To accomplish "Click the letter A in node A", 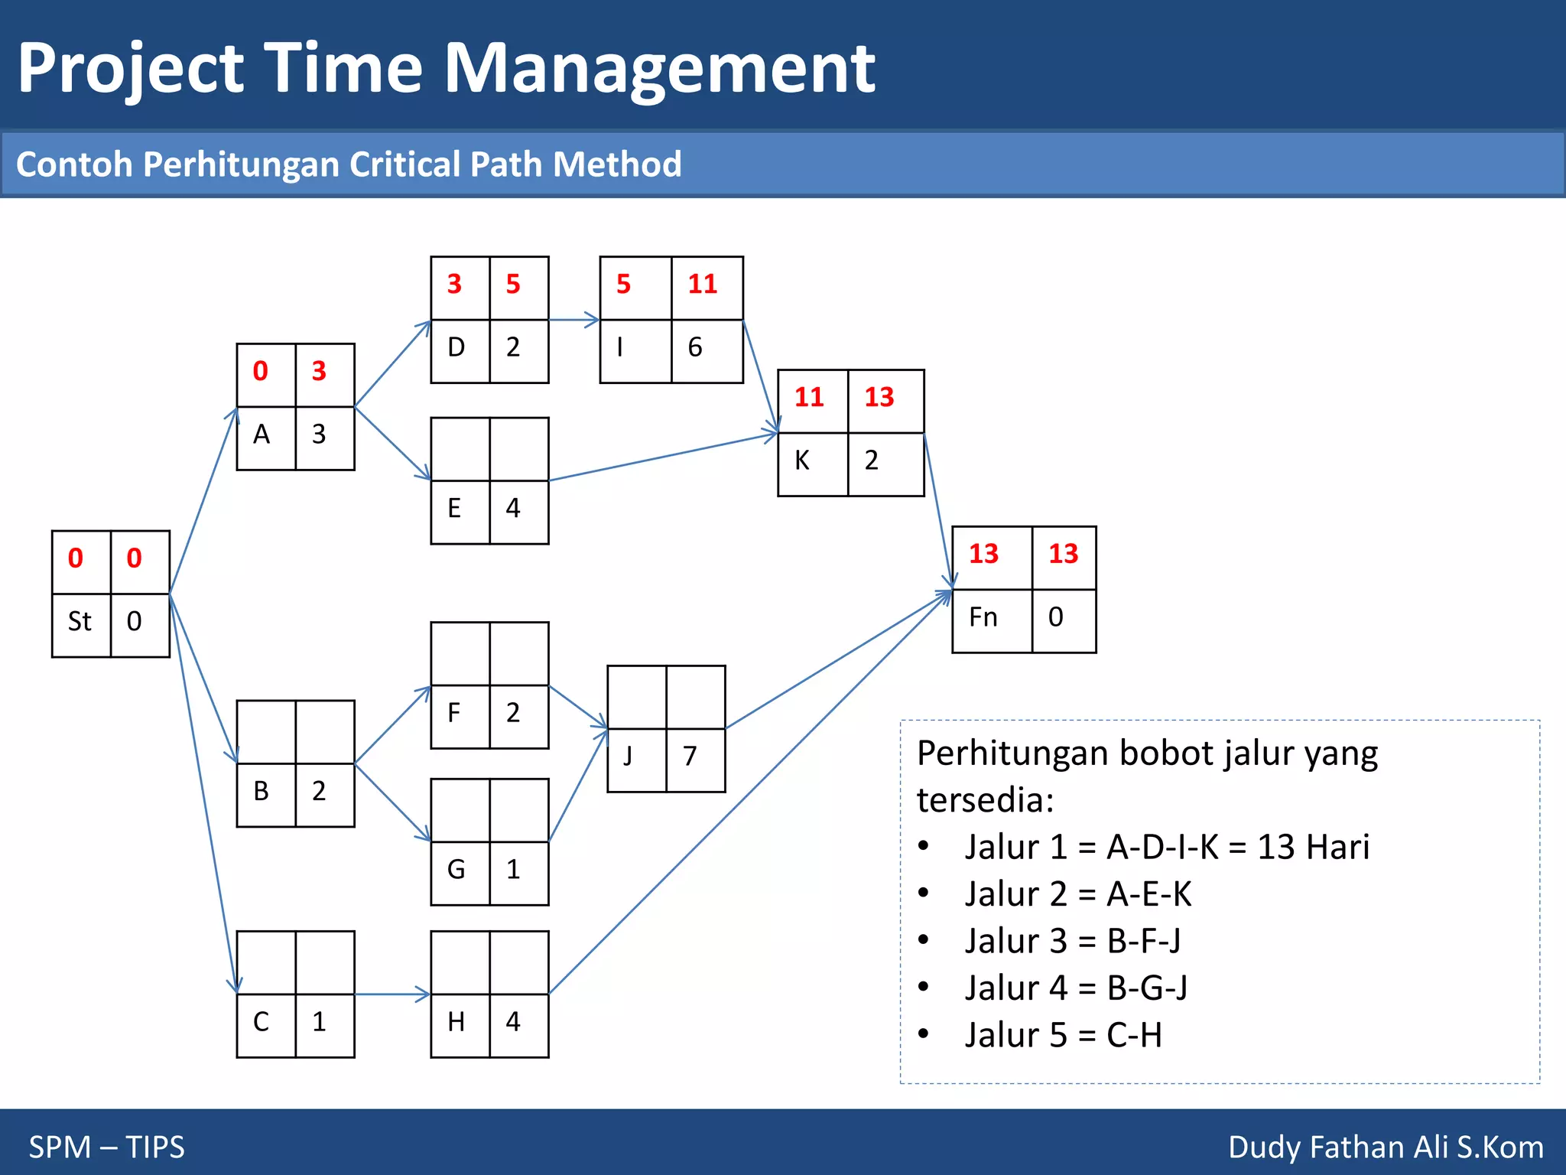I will point(262,435).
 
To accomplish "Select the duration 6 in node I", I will point(694,347).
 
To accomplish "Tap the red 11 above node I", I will point(702,285).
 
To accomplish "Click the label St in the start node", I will point(80,621).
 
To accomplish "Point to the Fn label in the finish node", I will point(983,617).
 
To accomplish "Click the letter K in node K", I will point(801,461).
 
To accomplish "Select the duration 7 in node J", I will point(690,757).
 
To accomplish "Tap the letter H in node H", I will point(456,1022).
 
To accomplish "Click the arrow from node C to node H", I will point(391,994).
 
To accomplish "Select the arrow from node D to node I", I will point(573,320).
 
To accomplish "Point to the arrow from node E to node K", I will point(662,457).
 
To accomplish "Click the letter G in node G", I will point(456,870).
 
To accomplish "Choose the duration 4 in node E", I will point(513,508).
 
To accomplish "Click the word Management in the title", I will point(659,69).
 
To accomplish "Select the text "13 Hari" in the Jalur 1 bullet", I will point(1313,848).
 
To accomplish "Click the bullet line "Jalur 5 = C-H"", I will point(1063,1035).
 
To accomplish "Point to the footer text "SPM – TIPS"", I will point(106,1147).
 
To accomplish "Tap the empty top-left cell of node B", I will point(266,732).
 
